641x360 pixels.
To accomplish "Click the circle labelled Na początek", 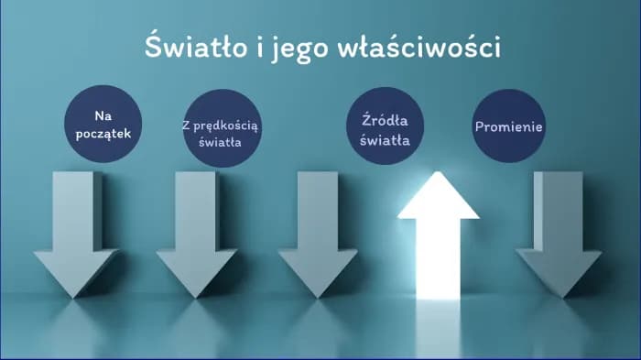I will point(103,125).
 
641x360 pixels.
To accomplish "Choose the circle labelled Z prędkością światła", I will point(221,128).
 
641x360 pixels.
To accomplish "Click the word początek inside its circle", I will point(103,135).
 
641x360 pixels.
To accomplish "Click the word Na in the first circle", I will point(103,116).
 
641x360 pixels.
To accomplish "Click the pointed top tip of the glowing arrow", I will point(438,174).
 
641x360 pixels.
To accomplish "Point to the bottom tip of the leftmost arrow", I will point(76,295).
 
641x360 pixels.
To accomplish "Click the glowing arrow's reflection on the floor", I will point(438,325).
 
